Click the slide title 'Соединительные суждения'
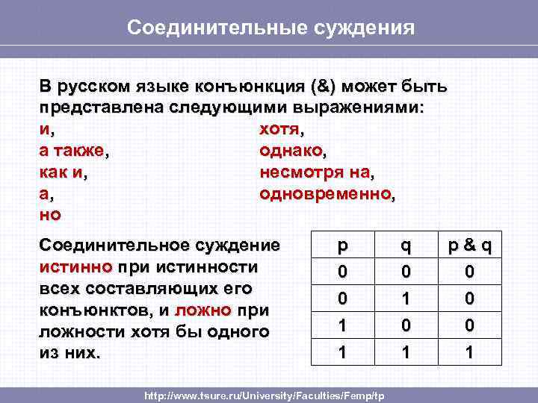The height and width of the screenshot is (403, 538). point(270,28)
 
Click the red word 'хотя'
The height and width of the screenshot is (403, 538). point(279,130)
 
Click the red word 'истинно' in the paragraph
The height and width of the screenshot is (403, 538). point(75,266)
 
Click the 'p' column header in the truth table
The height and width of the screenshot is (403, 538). point(342,246)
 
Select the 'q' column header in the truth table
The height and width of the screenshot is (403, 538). point(405,246)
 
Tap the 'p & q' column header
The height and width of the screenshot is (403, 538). point(469,246)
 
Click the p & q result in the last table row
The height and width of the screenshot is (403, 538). point(469,351)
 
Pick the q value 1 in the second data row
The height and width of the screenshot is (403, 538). point(405,299)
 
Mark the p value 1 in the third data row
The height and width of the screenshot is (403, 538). point(342,325)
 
